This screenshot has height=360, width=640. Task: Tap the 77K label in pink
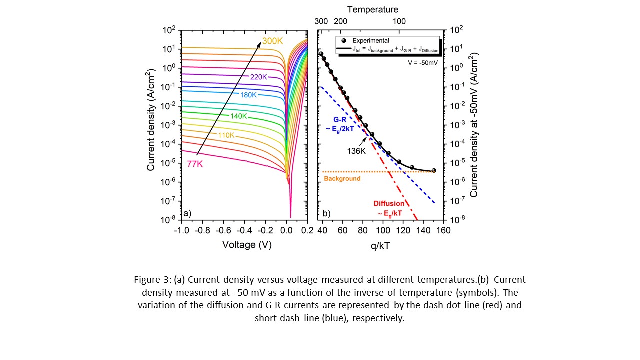pyautogui.click(x=195, y=164)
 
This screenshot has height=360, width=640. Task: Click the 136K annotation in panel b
pyautogui.click(x=356, y=149)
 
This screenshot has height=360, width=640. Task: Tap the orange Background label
pyautogui.click(x=342, y=178)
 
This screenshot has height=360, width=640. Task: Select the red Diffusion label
pyautogui.click(x=389, y=203)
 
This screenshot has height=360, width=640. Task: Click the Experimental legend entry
pyautogui.click(x=371, y=41)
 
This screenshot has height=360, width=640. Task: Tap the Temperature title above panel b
pyautogui.click(x=373, y=9)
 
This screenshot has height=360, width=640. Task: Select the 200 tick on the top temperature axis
pyautogui.click(x=340, y=21)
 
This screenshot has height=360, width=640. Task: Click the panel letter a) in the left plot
pyautogui.click(x=188, y=214)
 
